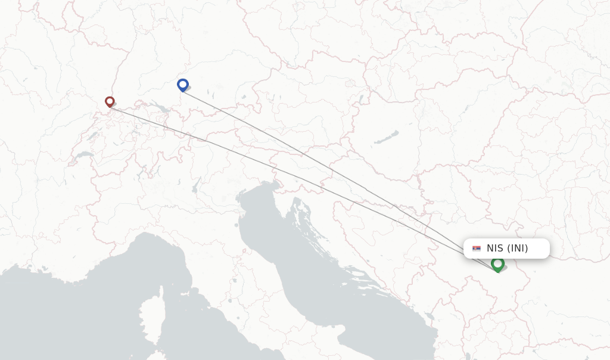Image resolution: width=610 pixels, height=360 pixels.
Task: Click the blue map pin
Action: (x=183, y=85)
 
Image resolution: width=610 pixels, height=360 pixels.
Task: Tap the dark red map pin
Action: (x=110, y=101)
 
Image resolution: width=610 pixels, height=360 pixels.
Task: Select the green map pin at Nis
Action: (x=497, y=263)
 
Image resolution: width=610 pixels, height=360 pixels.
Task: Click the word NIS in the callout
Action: (x=494, y=249)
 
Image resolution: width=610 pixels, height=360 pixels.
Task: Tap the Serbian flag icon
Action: (x=477, y=249)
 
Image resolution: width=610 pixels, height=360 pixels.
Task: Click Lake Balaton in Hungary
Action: (x=386, y=138)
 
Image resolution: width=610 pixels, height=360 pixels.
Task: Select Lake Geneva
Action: (x=84, y=156)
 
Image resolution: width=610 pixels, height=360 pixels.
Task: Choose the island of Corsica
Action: (x=152, y=313)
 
